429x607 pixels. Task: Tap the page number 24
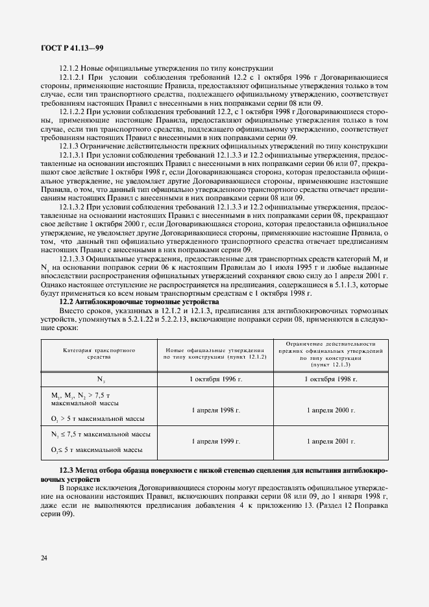[x=43, y=558]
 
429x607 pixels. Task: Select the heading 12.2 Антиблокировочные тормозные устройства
[x=139, y=302]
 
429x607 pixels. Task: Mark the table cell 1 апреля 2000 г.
[x=330, y=411]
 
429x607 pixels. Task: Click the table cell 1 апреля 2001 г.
[x=330, y=441]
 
